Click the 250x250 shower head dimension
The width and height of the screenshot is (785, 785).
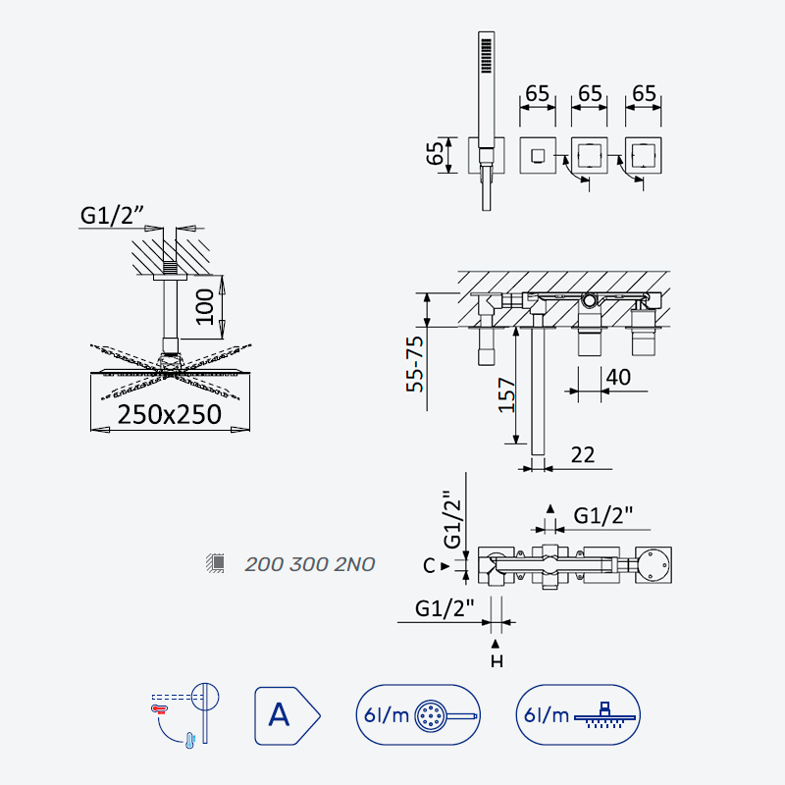pos(169,414)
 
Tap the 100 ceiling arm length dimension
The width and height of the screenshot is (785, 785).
pos(205,307)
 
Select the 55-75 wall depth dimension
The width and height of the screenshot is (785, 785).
pos(415,364)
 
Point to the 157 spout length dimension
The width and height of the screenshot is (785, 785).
pos(506,395)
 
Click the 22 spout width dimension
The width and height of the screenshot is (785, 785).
pos(583,455)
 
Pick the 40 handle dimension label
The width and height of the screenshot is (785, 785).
pos(618,378)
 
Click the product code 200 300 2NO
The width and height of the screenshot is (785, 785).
pos(310,564)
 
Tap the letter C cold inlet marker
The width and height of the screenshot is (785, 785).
pos(429,566)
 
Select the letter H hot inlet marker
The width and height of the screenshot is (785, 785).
pos(497,661)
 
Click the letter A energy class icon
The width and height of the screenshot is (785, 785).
pos(287,715)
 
